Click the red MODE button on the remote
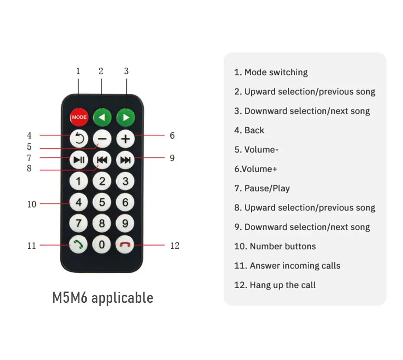click(79, 117)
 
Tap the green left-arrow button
click(102, 117)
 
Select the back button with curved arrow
click(79, 139)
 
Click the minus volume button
click(102, 139)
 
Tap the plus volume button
click(126, 139)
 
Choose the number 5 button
click(102, 202)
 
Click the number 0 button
click(102, 245)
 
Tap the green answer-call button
click(79, 245)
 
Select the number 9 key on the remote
click(126, 224)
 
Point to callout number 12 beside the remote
click(175, 246)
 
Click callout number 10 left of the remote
click(32, 204)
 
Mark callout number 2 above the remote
click(101, 71)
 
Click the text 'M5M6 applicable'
click(103, 298)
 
